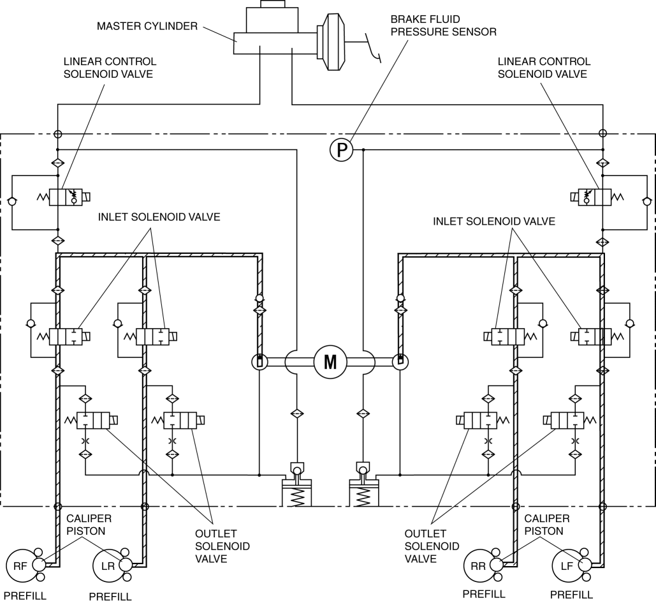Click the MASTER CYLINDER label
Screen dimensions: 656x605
click(147, 26)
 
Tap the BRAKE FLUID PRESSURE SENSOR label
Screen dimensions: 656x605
click(444, 26)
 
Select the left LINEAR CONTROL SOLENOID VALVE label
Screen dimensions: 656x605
click(110, 68)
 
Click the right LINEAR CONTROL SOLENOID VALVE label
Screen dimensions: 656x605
click(544, 68)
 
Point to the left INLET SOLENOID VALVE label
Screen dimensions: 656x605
click(159, 217)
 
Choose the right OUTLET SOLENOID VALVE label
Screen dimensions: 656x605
click(432, 546)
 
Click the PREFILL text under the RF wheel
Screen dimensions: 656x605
click(25, 596)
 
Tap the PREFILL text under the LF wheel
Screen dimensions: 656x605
click(571, 595)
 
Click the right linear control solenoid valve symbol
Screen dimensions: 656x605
click(595, 197)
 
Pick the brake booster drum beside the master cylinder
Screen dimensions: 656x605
click(330, 42)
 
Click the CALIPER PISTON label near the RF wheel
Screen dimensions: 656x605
click(89, 525)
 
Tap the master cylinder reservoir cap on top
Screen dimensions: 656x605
click(272, 4)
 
